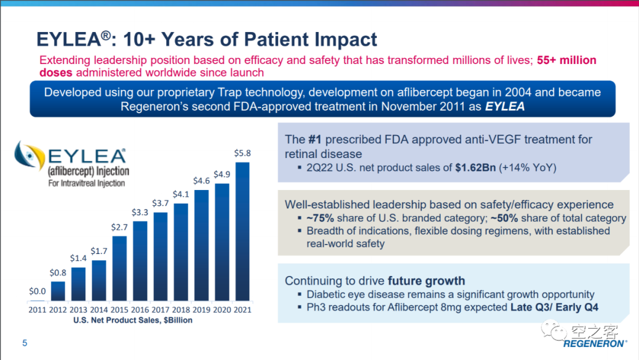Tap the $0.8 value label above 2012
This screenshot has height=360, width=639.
tap(57, 272)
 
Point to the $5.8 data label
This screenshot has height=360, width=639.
tap(243, 153)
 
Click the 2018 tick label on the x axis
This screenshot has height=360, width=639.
tap(181, 310)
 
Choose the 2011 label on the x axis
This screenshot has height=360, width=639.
tap(37, 310)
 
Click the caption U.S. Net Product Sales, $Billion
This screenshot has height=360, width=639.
tap(133, 320)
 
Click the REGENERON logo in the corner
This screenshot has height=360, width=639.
tap(594, 343)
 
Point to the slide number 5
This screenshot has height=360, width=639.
tap(25, 343)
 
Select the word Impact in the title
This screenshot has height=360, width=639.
tap(343, 39)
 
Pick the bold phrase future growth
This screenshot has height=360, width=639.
tap(427, 281)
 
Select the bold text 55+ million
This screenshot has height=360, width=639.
tap(566, 60)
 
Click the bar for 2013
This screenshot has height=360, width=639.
tap(78, 284)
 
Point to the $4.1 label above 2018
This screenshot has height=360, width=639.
tap(181, 194)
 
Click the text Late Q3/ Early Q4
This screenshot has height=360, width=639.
tap(554, 307)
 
